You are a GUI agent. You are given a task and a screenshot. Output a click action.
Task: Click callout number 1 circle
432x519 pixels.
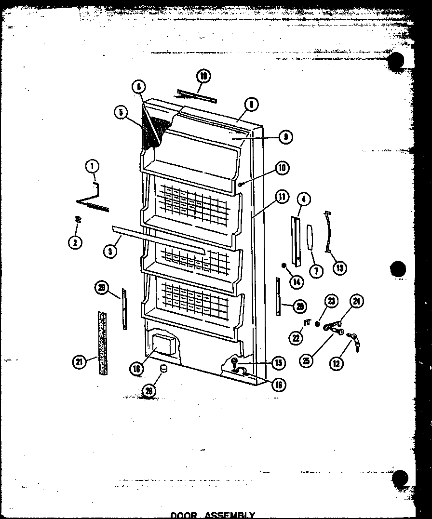tap(92, 166)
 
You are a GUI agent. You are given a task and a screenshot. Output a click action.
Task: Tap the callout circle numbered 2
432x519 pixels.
tap(75, 242)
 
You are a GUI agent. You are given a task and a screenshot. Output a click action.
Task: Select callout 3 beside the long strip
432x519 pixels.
tap(111, 251)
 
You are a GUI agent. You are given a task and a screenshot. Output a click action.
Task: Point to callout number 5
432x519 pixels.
tap(121, 113)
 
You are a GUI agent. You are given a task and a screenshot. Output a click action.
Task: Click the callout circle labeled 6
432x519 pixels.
tap(138, 87)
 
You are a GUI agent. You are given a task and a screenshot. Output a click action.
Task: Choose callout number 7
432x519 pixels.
tap(316, 271)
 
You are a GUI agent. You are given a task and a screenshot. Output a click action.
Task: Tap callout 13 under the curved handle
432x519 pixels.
tap(340, 267)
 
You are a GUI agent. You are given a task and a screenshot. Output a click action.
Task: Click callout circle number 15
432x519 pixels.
tap(278, 362)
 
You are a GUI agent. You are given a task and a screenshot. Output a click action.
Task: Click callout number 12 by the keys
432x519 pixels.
tap(337, 363)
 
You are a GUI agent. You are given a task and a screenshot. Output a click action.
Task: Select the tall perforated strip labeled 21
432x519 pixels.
tap(102, 344)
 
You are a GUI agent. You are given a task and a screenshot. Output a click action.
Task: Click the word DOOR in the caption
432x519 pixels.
tap(184, 515)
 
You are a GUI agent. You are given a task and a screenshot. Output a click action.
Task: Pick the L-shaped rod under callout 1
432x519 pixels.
tap(93, 201)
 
